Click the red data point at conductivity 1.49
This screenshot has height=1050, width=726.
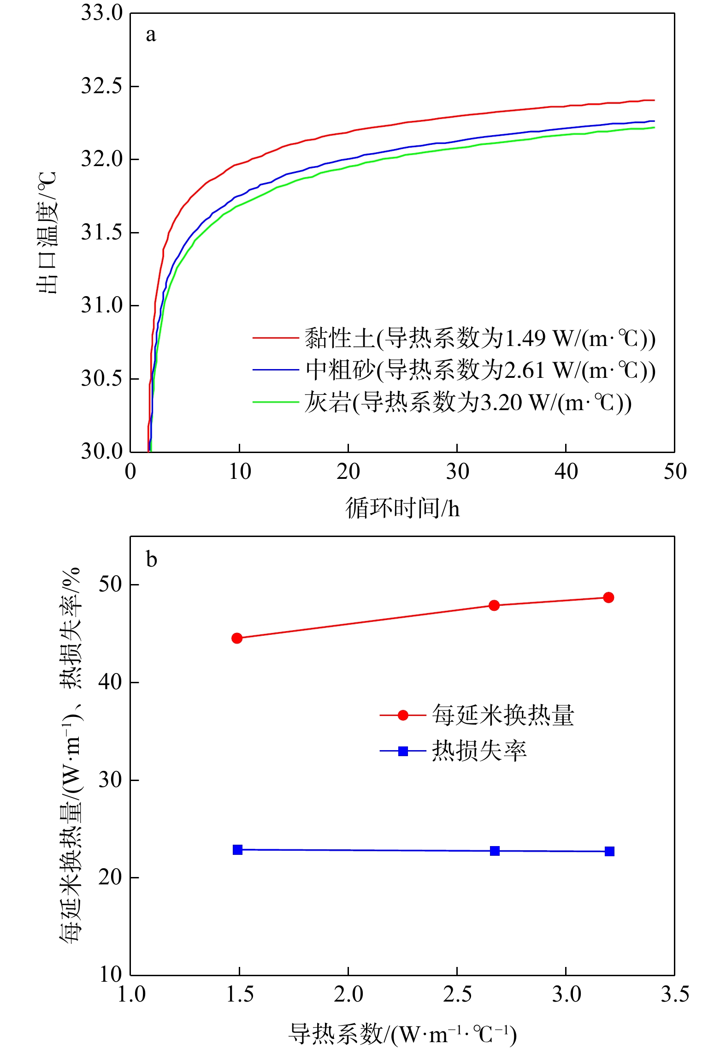click(237, 638)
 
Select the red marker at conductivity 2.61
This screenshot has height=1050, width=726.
click(494, 605)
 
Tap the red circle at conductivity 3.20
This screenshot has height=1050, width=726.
click(608, 597)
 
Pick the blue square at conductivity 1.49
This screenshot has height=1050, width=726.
click(237, 850)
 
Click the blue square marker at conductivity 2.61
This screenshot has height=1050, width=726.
click(495, 851)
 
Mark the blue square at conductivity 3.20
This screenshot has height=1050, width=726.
click(609, 851)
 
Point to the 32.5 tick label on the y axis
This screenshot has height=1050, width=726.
click(102, 86)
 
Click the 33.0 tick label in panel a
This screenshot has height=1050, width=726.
click(102, 13)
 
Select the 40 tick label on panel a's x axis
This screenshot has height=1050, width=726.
click(566, 472)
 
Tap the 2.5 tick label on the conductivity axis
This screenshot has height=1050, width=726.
click(457, 995)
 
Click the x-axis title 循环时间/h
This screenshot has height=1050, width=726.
click(402, 508)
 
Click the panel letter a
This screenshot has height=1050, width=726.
click(151, 35)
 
